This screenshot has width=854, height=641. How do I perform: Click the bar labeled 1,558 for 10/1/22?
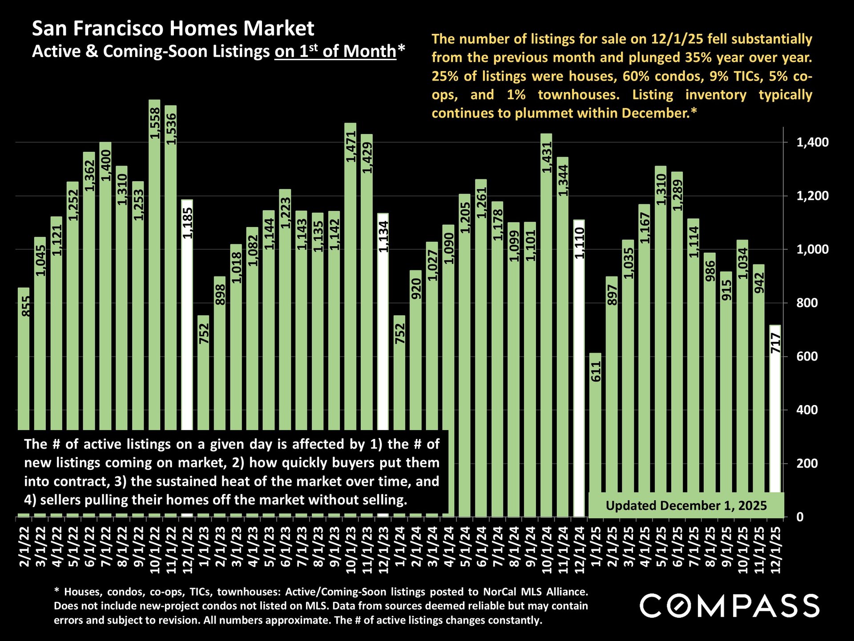154,267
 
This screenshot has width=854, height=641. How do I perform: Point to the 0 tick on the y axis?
800,517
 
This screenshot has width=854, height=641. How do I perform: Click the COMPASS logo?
729,606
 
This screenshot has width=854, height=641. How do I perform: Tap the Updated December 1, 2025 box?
686,506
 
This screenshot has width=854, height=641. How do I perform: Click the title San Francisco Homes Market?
173,29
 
